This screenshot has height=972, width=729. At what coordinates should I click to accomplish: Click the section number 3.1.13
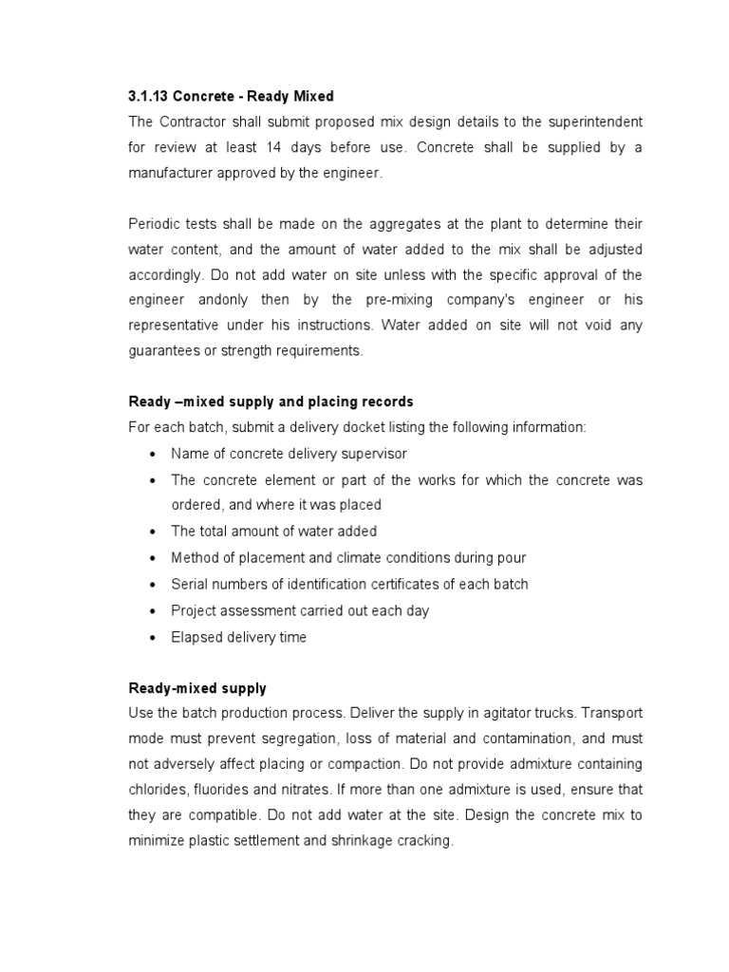pyautogui.click(x=150, y=97)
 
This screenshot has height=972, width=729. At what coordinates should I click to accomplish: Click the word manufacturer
pyautogui.click(x=174, y=175)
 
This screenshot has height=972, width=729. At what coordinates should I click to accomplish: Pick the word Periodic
pyautogui.click(x=154, y=224)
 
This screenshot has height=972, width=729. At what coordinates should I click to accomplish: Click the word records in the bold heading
pyautogui.click(x=386, y=402)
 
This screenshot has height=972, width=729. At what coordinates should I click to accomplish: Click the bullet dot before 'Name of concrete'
pyautogui.click(x=151, y=455)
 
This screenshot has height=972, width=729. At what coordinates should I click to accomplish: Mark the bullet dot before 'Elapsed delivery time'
pyautogui.click(x=151, y=638)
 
